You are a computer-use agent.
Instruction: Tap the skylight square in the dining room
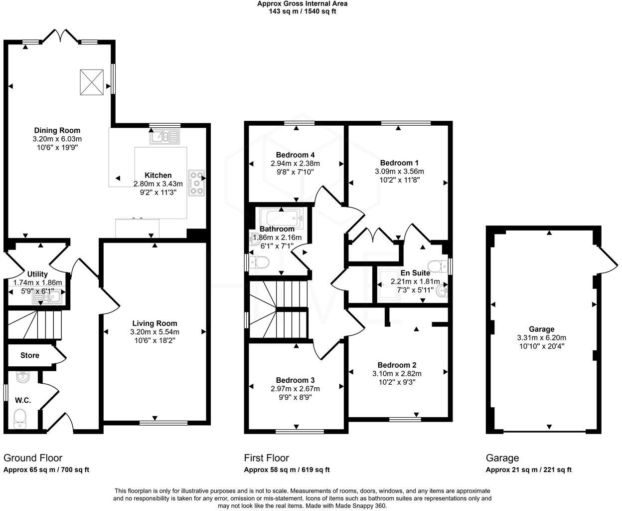coord(92,81)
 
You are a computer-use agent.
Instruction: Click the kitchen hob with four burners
coord(196,183)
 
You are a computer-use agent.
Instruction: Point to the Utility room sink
coord(46,297)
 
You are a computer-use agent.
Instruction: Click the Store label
coord(30,356)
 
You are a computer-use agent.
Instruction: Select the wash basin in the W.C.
coord(22,378)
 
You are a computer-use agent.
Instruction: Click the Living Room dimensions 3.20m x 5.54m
coord(155,332)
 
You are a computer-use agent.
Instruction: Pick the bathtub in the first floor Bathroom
coord(282,218)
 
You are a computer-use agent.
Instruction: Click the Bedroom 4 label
coord(295,155)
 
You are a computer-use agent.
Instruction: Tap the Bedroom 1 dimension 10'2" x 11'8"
coord(399,180)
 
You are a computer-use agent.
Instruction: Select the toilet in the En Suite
coord(436,265)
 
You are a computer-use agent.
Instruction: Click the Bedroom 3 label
coord(295,380)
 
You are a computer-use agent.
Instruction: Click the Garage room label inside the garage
coord(541,329)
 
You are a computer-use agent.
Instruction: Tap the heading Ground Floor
coord(33,458)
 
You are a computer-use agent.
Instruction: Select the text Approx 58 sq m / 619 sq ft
coord(287,470)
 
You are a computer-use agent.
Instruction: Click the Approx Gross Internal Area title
coord(302,3)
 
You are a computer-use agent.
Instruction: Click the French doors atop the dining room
coord(60,36)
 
